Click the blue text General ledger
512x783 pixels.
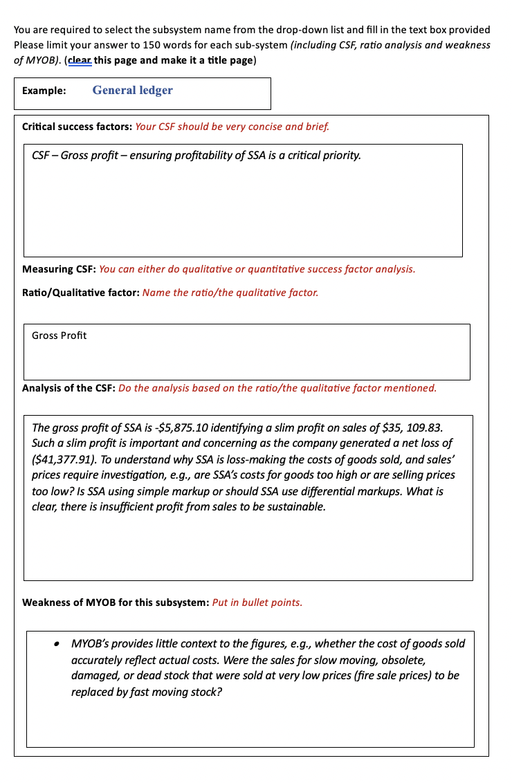132,91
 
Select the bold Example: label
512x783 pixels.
44,91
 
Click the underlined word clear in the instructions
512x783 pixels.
80,60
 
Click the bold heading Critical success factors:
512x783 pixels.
77,127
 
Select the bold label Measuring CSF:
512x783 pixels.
60,269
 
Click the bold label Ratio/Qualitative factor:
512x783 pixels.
81,293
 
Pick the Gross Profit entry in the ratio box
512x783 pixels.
60,335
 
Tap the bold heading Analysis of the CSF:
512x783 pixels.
69,388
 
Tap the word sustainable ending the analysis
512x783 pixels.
294,507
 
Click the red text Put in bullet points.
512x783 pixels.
257,602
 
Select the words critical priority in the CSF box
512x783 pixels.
323,155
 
